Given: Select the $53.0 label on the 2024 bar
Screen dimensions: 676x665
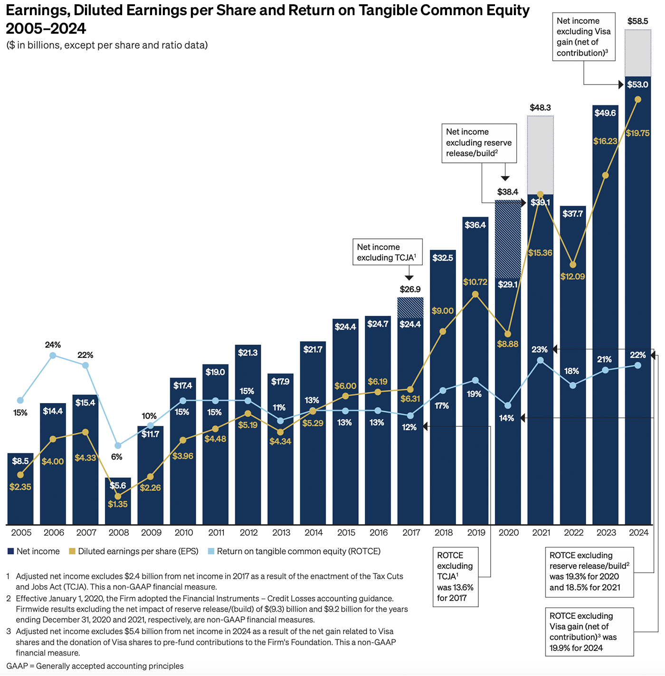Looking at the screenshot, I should (x=637, y=84).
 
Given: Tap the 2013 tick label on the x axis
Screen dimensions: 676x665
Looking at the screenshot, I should (x=281, y=533).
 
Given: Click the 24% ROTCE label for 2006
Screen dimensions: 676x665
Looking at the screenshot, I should (x=53, y=345).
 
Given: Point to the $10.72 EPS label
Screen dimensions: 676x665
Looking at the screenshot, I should (x=475, y=282).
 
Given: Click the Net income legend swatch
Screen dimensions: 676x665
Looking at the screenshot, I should (x=10, y=551).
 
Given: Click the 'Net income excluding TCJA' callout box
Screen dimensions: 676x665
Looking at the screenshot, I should (x=387, y=252).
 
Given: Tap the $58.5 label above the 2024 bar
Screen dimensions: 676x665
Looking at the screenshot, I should (x=637, y=21).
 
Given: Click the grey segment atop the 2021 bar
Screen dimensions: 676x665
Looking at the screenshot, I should (x=541, y=155).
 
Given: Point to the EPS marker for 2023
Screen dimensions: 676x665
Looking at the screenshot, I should (x=605, y=175).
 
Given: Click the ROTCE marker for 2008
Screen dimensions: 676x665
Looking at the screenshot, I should (x=118, y=445).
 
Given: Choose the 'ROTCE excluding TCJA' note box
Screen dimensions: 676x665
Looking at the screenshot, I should (x=455, y=577).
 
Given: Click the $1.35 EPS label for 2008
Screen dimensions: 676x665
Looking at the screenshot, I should (x=117, y=504).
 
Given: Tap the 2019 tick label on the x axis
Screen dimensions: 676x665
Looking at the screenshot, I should (x=476, y=533).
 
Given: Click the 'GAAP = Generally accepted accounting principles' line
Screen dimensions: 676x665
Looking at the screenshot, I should (x=95, y=666).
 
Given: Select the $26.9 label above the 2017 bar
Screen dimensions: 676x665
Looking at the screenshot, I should (x=410, y=289).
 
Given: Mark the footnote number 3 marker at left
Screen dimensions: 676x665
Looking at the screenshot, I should (x=8, y=631).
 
